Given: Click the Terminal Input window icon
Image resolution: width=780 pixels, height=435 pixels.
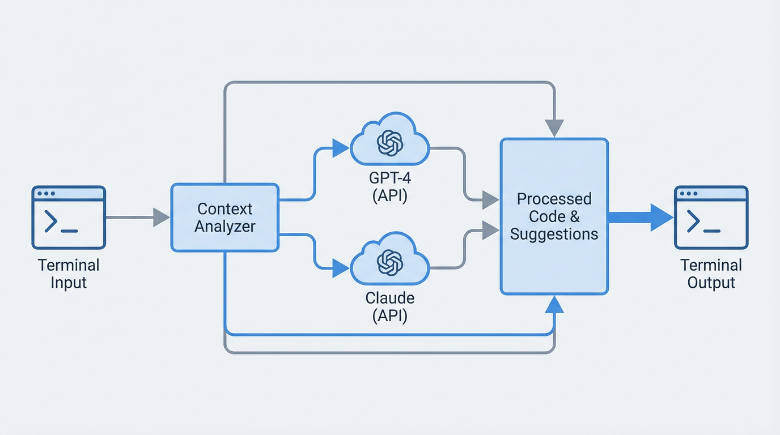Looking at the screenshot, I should [69, 217].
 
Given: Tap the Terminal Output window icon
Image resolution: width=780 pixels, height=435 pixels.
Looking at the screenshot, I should [711, 217].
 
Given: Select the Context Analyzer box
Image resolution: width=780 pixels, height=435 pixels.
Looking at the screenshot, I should [224, 217].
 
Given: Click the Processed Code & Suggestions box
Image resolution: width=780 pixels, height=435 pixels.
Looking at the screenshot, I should [554, 216].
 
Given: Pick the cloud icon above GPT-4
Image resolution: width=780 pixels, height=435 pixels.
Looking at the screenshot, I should [390, 140].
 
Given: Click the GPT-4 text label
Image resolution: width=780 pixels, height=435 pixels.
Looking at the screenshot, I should [390, 178].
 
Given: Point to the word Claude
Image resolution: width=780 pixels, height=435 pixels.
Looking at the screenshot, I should [390, 298].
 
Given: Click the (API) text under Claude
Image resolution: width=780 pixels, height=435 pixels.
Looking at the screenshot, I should [390, 315].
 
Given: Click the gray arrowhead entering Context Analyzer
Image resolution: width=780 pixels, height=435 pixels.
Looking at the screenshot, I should [161, 217].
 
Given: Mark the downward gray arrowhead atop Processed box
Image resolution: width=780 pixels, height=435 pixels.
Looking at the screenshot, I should [554, 128].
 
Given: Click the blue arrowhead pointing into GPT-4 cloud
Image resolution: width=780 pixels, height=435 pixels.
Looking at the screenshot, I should [341, 148].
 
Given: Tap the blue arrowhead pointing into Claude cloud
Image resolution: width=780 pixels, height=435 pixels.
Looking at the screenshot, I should [341, 268].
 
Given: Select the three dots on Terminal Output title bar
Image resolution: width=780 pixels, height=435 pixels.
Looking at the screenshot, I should [688, 194].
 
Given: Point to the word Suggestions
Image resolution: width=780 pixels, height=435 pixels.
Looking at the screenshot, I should [554, 234].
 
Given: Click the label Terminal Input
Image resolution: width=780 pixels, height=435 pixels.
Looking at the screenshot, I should [69, 274].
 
